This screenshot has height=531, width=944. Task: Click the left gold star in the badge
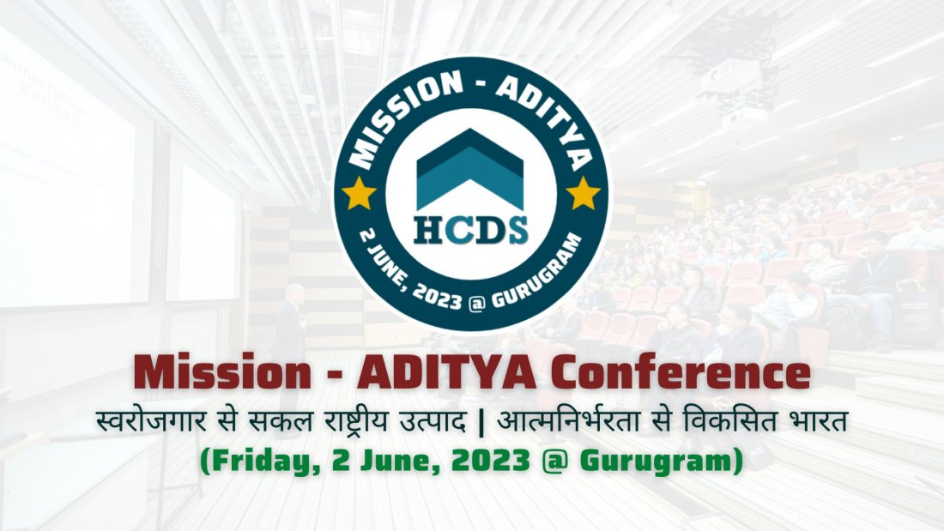pos(358,194)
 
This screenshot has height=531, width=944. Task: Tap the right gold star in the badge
pos(584,194)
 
